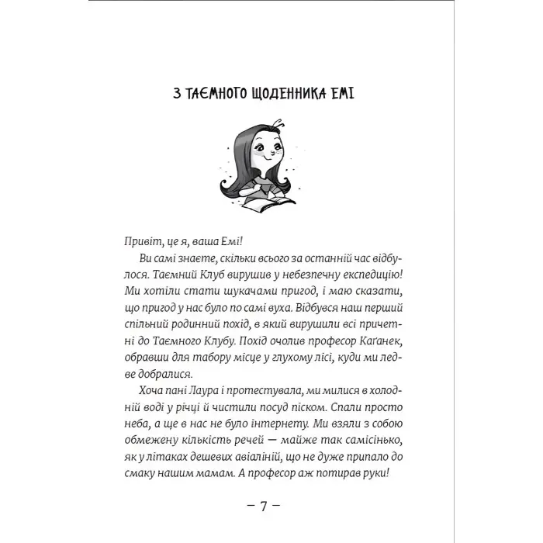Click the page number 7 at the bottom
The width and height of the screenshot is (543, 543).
click(x=264, y=530)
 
